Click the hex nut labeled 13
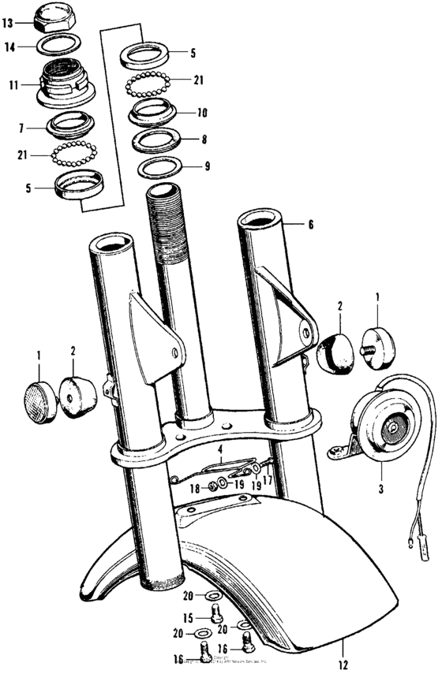[x=57, y=15]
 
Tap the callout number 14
[x=9, y=47]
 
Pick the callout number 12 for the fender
[x=343, y=665]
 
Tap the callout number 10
[x=202, y=113]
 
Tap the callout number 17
[x=268, y=478]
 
